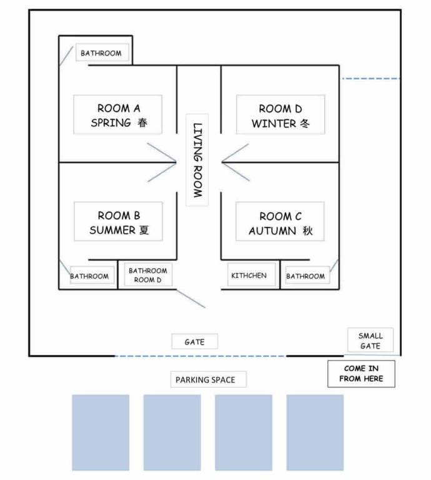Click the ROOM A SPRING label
[118, 115]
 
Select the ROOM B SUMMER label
[118, 222]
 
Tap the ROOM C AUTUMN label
[280, 223]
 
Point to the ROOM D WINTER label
[280, 116]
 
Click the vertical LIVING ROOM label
[197, 160]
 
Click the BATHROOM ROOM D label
[147, 276]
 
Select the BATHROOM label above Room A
[101, 53]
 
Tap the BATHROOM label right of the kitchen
[305, 276]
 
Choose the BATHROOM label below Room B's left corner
[89, 276]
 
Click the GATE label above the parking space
[195, 342]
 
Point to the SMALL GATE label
[370, 341]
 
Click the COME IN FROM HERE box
[361, 374]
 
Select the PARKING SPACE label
[206, 379]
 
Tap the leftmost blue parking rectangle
[100, 432]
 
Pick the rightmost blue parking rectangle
[315, 432]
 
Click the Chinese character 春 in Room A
[143, 122]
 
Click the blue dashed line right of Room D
[370, 79]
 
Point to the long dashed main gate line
[200, 356]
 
